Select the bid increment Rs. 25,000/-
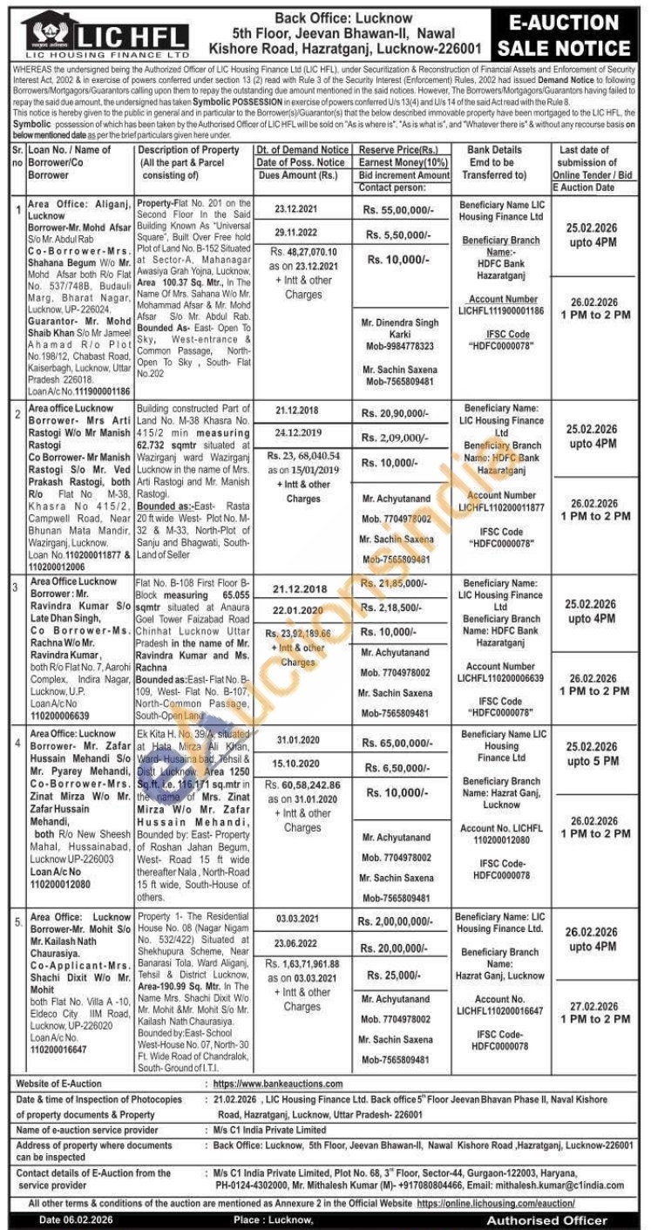398,976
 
